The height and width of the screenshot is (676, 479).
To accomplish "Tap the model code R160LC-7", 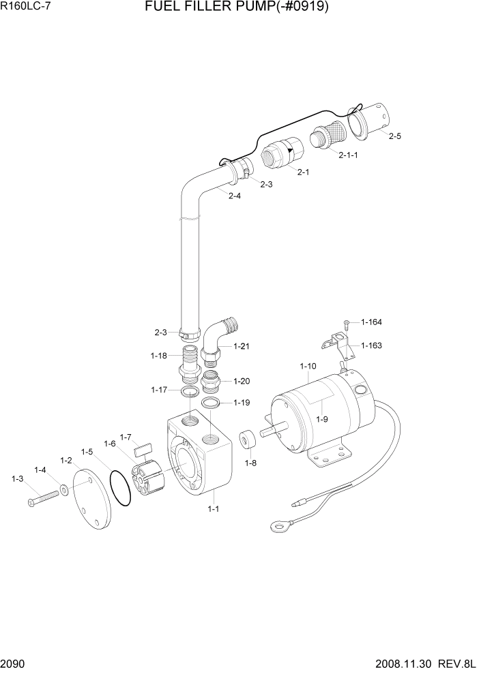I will (26, 9).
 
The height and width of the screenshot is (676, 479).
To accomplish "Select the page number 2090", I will (14, 664).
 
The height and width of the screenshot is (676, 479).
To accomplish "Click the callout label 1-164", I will (372, 322).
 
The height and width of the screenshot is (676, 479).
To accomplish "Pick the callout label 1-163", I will (372, 345).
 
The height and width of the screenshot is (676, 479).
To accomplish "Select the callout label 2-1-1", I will (348, 155).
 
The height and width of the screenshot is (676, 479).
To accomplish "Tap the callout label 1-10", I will (308, 367).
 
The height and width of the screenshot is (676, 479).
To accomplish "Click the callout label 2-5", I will (394, 136).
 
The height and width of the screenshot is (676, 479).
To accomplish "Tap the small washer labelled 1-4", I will (63, 489).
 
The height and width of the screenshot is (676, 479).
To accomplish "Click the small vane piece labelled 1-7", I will (143, 450).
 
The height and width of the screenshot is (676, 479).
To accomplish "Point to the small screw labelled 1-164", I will (347, 322).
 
